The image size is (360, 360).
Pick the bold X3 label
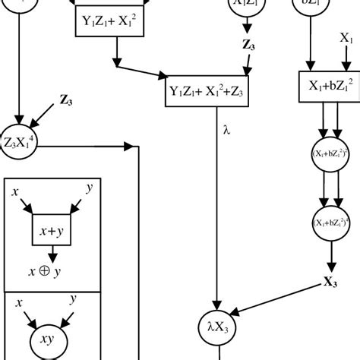tap(330, 282)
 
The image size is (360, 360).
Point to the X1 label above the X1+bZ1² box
tap(346, 37)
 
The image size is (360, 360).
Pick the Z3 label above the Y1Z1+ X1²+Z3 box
tap(248, 46)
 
